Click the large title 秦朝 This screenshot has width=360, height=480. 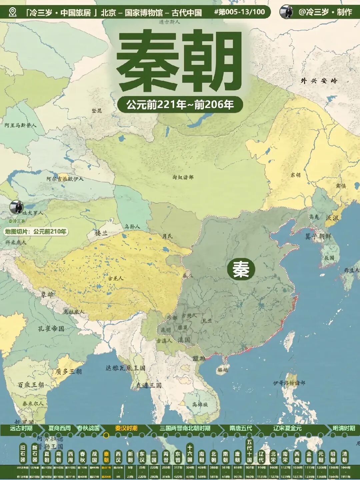coord(179,61)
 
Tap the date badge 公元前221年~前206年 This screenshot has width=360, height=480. coord(180,105)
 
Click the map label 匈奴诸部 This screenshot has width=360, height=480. coord(183,177)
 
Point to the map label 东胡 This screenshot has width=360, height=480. coord(295,175)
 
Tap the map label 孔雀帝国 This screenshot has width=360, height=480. coord(51,328)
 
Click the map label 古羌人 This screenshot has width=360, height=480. coord(116,278)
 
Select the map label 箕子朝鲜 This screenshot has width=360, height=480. coord(318,236)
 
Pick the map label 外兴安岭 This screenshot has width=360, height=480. coord(319,81)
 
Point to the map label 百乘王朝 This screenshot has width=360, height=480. coord(31,385)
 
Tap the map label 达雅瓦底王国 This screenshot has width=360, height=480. coord(125,368)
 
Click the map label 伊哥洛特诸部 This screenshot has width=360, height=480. coord(289,383)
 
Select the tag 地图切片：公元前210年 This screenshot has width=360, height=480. coord(36,231)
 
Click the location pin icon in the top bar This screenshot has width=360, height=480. coord(13,12)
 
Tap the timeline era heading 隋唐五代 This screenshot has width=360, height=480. coord(241,428)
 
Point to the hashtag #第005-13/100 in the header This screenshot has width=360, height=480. coord(239,12)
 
